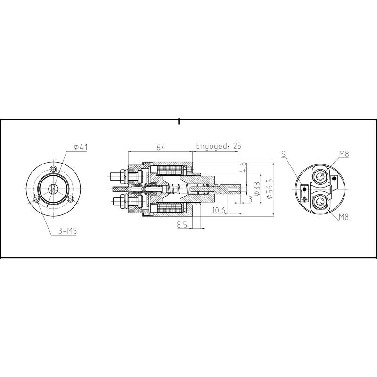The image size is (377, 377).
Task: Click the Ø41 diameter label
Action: (x=81, y=148)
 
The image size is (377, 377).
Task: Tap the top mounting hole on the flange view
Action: (x=54, y=170)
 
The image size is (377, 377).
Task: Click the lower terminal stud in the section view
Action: (x=116, y=204)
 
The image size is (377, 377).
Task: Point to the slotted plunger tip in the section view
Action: (x=236, y=190)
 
